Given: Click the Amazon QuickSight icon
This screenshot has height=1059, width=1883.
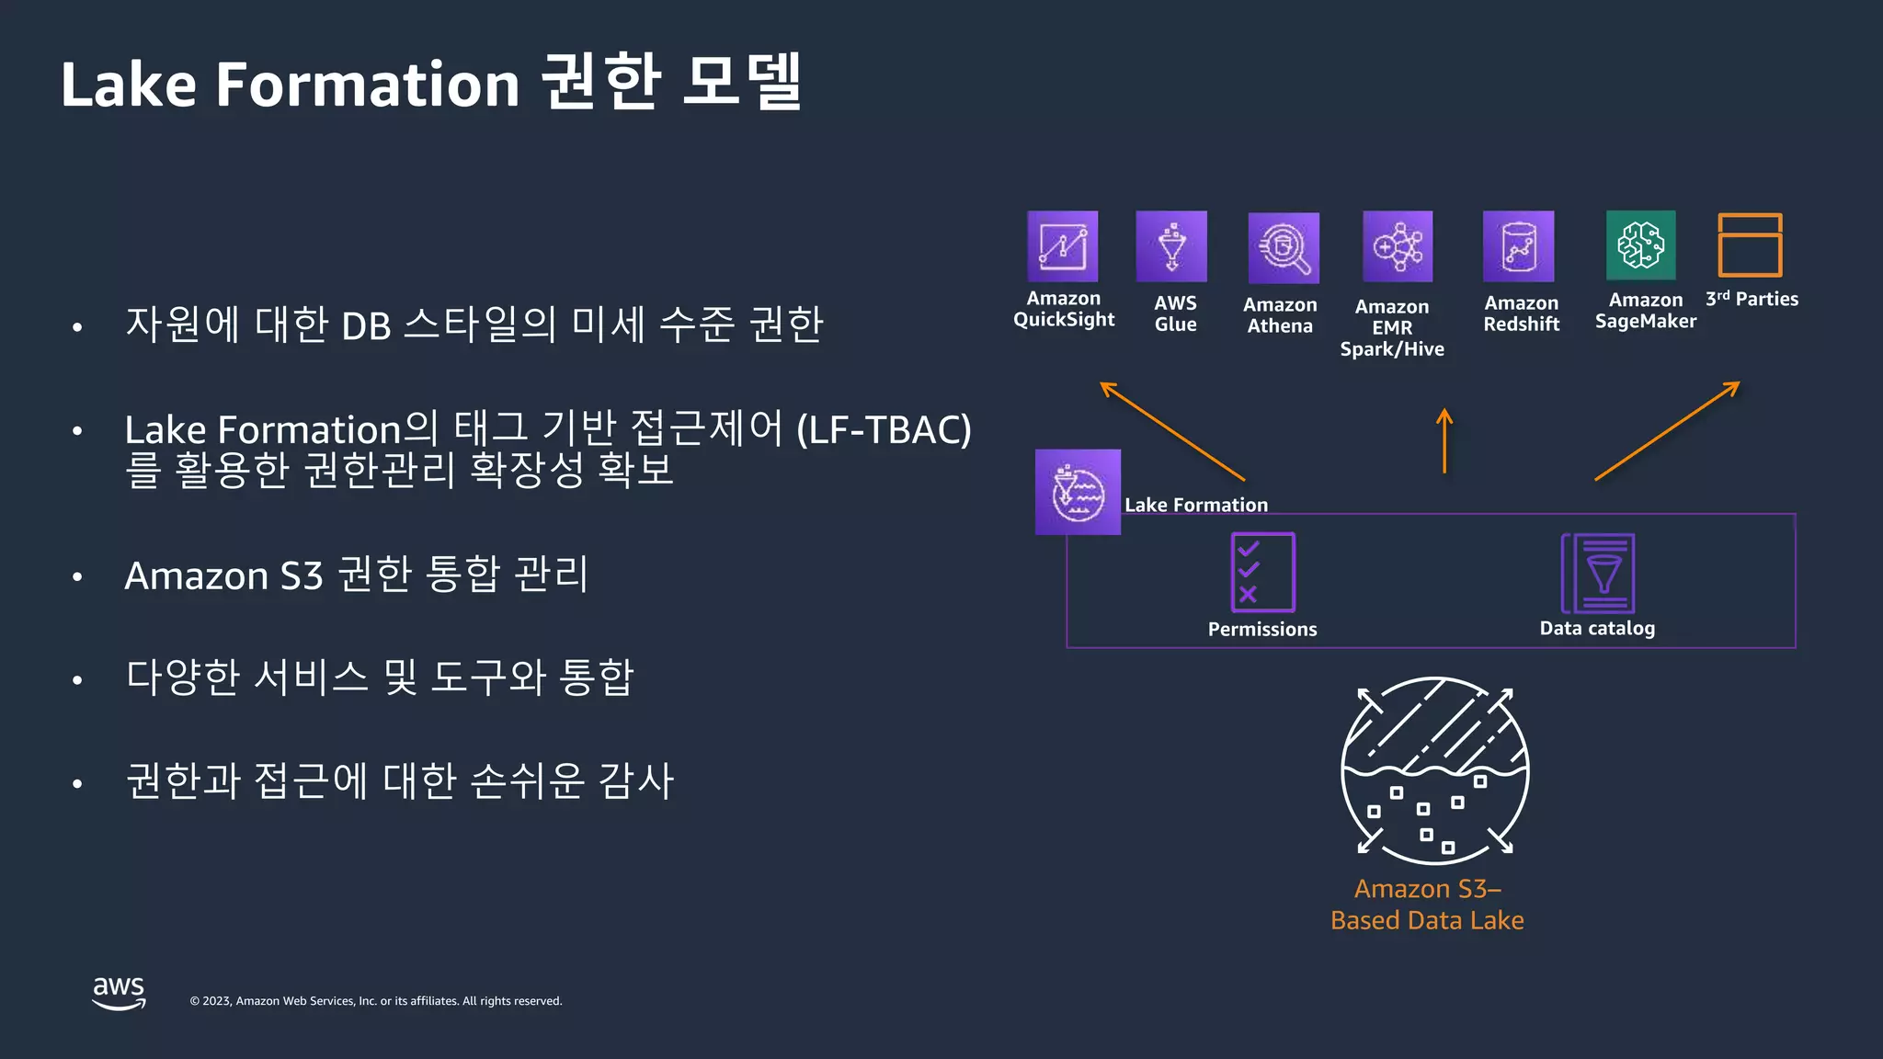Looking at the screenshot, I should pyautogui.click(x=1062, y=246).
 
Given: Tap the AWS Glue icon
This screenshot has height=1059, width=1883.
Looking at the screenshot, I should pyautogui.click(x=1171, y=246).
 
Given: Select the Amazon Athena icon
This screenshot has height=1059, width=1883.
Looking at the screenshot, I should pyautogui.click(x=1284, y=248).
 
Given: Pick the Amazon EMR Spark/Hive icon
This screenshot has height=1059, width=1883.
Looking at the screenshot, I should pyautogui.click(x=1398, y=246).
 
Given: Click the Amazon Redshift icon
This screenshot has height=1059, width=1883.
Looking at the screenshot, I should pyautogui.click(x=1518, y=246).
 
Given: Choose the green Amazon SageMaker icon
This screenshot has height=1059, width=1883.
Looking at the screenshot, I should pyautogui.click(x=1640, y=245).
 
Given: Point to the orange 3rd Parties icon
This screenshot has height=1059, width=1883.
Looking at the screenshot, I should pyautogui.click(x=1750, y=245).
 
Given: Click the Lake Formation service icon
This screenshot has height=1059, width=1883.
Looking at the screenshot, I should pyautogui.click(x=1078, y=492).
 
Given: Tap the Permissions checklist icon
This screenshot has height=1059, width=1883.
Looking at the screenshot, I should pyautogui.click(x=1262, y=572).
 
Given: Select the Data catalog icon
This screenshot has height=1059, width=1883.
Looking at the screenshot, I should pyautogui.click(x=1598, y=573).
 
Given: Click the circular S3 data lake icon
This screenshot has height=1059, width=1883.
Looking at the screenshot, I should pyautogui.click(x=1434, y=770).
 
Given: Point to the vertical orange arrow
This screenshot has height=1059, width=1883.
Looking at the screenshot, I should pyautogui.click(x=1444, y=441).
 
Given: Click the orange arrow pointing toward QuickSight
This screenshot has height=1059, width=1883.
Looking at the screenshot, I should pyautogui.click(x=1172, y=431).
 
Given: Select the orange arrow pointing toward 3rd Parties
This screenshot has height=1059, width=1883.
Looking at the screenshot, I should pyautogui.click(x=1667, y=430).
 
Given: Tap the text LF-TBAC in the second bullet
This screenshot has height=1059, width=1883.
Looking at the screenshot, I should pyautogui.click(x=883, y=430).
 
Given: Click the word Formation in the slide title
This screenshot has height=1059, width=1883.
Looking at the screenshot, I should pyautogui.click(x=368, y=85).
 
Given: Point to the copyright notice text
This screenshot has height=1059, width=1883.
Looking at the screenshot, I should pyautogui.click(x=375, y=1001).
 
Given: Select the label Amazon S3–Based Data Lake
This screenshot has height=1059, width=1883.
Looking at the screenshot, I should pyautogui.click(x=1427, y=905).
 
